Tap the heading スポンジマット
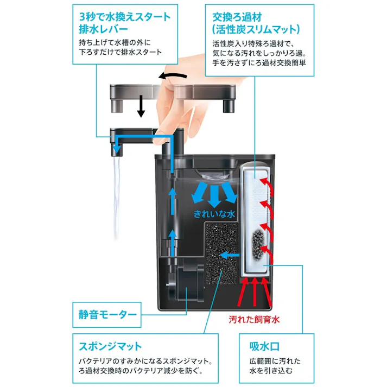pyautogui.click(x=111, y=346)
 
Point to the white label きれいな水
pyautogui.click(x=215, y=214)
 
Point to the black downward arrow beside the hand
pyautogui.click(x=141, y=105)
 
